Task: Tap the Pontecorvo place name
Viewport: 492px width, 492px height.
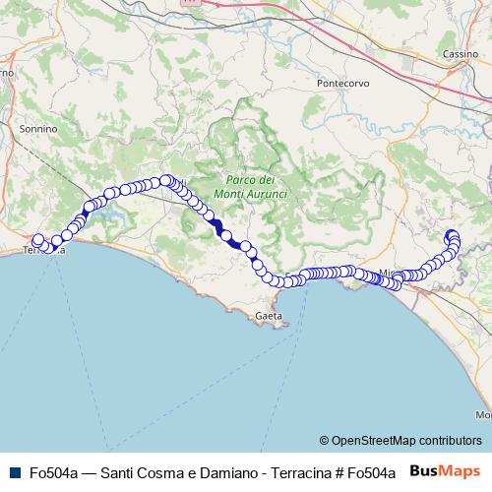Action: pyautogui.click(x=342, y=84)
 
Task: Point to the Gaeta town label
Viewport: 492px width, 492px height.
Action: pyautogui.click(x=268, y=316)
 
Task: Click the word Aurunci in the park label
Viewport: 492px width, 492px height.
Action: pyautogui.click(x=268, y=195)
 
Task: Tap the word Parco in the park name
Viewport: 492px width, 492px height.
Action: pyautogui.click(x=242, y=180)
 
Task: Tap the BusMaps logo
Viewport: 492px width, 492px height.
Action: pyautogui.click(x=445, y=471)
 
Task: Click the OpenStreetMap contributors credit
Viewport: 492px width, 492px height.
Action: pyautogui.click(x=405, y=441)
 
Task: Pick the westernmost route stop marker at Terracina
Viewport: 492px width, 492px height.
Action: pyautogui.click(x=38, y=240)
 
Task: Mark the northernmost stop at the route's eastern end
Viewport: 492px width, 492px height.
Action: pyautogui.click(x=453, y=234)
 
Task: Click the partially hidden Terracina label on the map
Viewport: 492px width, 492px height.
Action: pyautogui.click(x=43, y=252)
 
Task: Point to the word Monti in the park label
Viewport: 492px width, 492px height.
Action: pyautogui.click(x=233, y=195)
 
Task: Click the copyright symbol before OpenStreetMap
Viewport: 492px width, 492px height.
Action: pyautogui.click(x=324, y=441)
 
